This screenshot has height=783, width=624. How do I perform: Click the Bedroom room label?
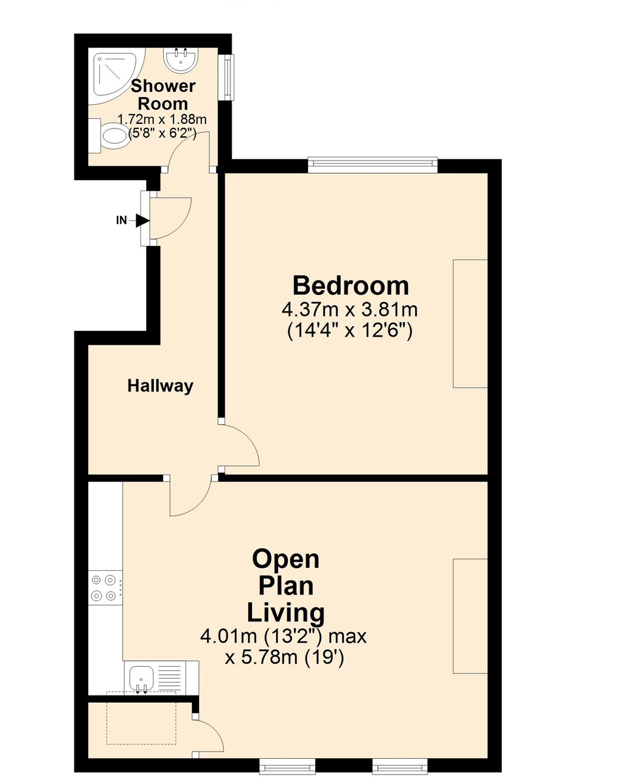click(351, 286)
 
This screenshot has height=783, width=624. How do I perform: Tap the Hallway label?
click(160, 386)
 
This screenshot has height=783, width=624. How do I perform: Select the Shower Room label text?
click(163, 95)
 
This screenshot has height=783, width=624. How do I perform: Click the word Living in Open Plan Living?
click(285, 613)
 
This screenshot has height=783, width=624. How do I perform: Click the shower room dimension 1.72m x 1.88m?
click(162, 119)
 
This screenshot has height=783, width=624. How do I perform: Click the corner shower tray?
click(112, 76)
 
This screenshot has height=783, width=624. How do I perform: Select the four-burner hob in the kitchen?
click(104, 587)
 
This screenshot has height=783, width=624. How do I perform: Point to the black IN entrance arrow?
click(142, 221)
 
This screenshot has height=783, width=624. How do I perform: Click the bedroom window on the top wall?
click(372, 165)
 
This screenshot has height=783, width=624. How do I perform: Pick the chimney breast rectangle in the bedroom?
click(470, 323)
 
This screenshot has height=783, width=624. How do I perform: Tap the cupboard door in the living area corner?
click(209, 736)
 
